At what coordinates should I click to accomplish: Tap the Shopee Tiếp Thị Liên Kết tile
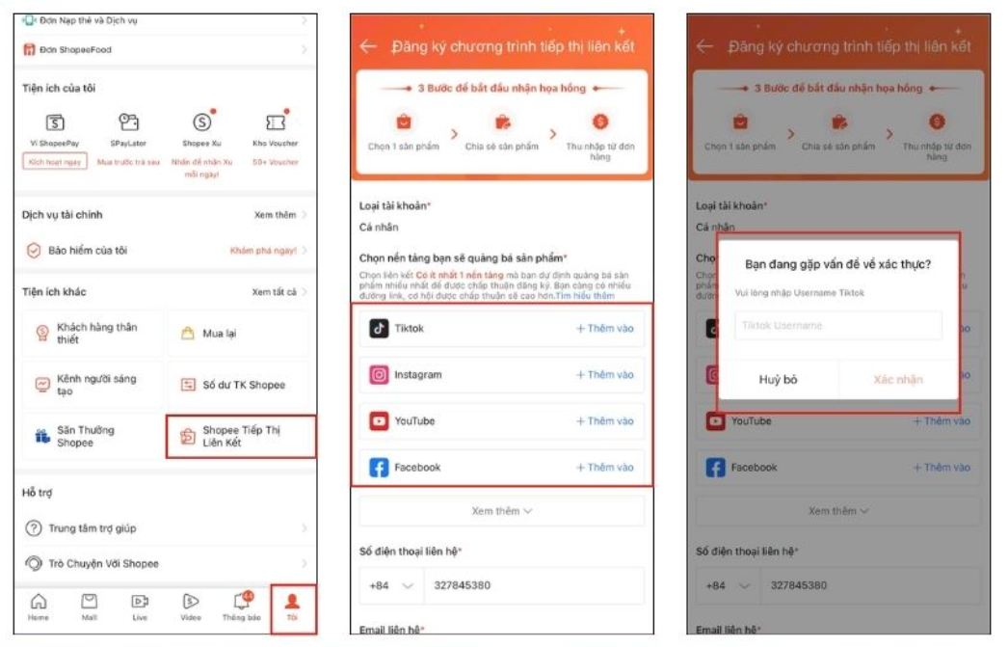point(241,436)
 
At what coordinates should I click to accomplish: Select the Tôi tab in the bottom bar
point(292,606)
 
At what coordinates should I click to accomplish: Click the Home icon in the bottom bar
point(39,606)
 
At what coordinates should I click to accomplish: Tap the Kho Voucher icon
point(276,122)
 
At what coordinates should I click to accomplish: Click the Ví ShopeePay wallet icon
point(55,122)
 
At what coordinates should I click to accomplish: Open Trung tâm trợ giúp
point(93,528)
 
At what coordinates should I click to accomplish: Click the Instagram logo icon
point(379,374)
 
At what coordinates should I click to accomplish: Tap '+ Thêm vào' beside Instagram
point(604,374)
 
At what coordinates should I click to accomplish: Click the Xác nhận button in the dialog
point(897,379)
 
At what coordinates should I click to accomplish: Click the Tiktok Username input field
point(837,326)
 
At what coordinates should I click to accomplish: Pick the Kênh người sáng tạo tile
point(93,385)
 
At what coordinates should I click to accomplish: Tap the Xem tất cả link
point(278,292)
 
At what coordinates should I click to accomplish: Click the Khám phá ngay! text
point(262,251)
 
